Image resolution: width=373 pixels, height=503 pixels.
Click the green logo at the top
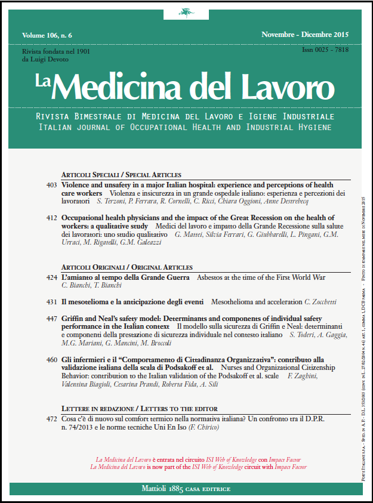coord(186,13)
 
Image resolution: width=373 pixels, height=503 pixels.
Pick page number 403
coord(51,186)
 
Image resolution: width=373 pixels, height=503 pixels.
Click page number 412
coord(51,218)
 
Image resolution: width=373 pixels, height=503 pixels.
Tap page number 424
coord(51,278)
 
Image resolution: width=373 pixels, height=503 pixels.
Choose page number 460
coord(51,360)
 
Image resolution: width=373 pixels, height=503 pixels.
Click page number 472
coord(51,419)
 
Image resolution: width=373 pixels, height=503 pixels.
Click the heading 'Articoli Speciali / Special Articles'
coord(121,175)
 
